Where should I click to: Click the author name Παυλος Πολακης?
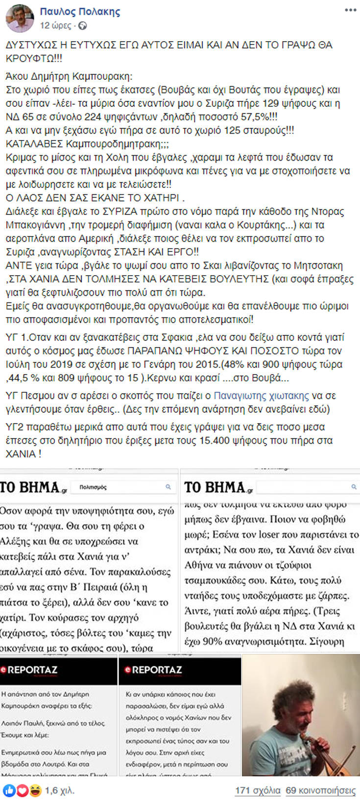point(80,11)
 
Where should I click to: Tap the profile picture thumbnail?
point(20,18)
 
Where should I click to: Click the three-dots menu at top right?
point(350,10)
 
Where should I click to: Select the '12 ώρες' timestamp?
point(56,25)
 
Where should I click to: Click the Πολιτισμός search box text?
point(93,487)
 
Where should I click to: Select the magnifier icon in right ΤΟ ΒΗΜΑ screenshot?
point(354,487)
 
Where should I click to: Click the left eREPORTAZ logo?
point(29,670)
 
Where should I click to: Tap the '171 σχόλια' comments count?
point(257,790)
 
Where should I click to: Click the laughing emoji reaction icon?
point(34,790)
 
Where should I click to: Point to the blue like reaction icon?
point(9,790)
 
